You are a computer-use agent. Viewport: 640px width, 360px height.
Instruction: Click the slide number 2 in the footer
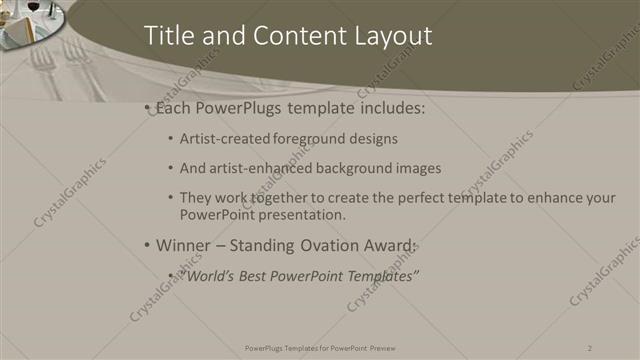pyautogui.click(x=590, y=347)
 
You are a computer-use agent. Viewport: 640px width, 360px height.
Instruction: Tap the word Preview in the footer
pyautogui.click(x=384, y=347)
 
